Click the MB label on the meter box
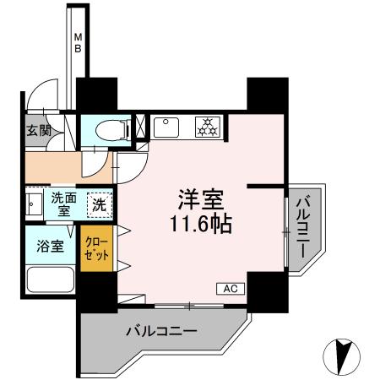point(77,42)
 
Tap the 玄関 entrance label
point(37,130)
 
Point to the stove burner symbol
point(205,127)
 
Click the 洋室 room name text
point(200,200)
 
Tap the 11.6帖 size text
point(200,226)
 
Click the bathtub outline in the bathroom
point(51,280)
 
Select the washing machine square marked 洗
point(100,204)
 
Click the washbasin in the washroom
point(33,205)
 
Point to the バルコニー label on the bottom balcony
point(162,330)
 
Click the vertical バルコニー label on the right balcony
point(301,227)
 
